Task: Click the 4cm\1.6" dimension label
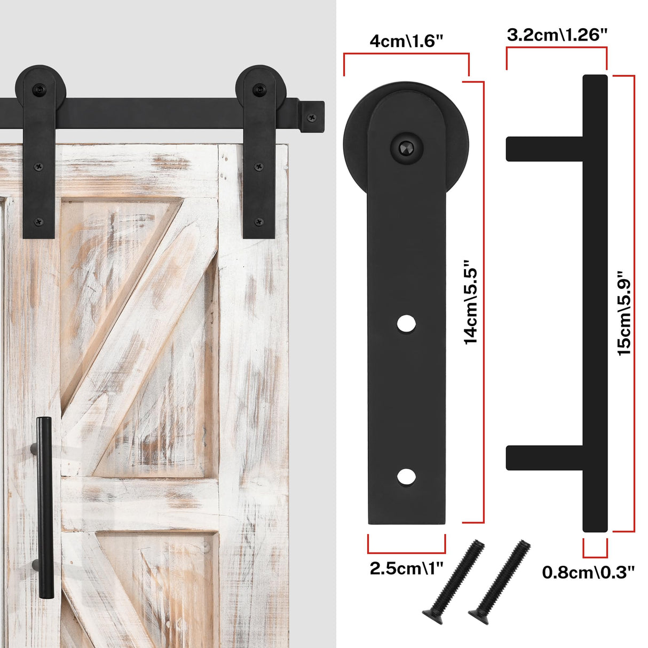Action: coord(407,41)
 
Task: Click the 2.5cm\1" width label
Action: coord(407,568)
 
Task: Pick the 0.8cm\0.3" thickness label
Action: coord(588,572)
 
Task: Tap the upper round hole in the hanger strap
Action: coord(407,323)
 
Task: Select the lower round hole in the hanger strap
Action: coord(407,477)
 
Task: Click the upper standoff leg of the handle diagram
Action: coord(544,148)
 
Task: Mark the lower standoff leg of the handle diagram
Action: coord(544,457)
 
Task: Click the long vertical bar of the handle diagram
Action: coord(595,303)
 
